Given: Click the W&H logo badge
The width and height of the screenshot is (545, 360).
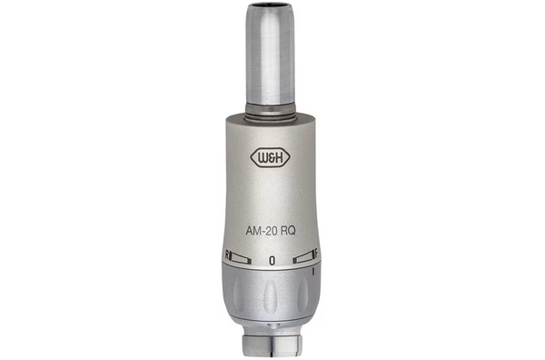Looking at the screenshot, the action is [271, 158].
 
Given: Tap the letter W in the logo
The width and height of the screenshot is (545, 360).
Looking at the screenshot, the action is [262, 158].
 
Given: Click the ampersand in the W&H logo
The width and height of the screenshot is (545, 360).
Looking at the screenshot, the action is [271, 158].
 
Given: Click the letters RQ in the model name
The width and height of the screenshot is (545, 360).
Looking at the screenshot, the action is [288, 231].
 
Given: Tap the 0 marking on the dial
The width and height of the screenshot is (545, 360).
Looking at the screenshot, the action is [272, 260].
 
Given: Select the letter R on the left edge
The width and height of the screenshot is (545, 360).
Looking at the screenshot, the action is [227, 255].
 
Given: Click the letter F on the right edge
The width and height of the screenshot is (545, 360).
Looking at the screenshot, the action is [316, 254].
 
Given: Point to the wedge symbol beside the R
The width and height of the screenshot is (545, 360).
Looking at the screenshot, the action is [241, 259].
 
